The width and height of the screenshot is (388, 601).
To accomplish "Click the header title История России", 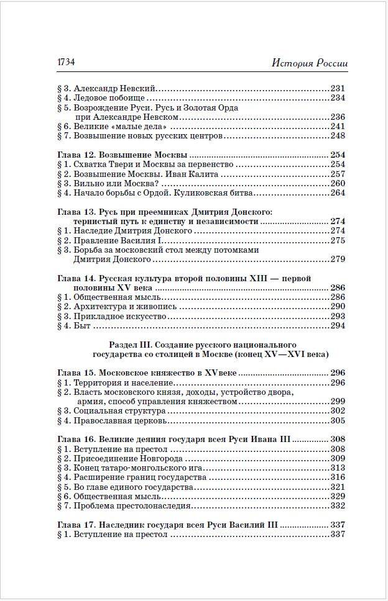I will click(310, 63).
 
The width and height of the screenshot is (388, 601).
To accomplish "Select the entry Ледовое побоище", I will click(109, 97).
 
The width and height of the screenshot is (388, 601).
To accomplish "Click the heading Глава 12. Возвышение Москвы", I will click(122, 155).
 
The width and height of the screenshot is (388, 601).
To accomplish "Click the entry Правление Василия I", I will click(114, 240).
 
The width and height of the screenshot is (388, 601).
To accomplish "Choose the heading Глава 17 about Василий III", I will click(167, 525).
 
